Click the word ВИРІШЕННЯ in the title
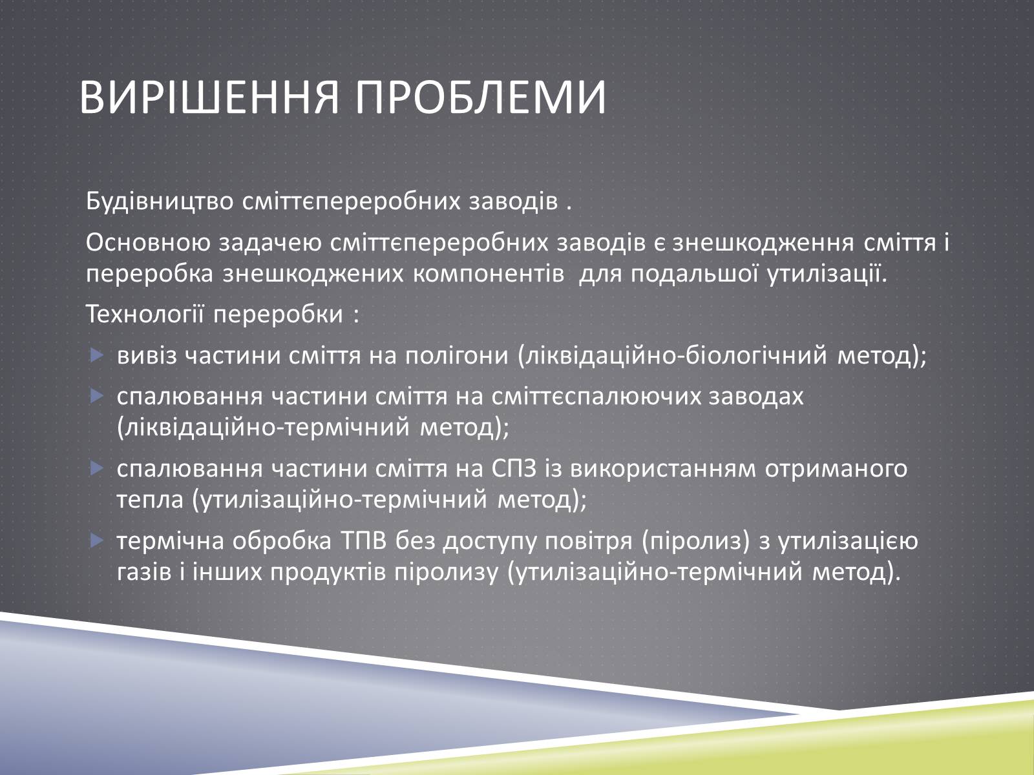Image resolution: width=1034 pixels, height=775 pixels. coord(209,98)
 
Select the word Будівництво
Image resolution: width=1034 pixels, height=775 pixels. coord(160,202)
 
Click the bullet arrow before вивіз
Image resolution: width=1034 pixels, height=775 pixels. coord(96,355)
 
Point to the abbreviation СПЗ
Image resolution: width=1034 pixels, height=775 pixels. coord(515,469)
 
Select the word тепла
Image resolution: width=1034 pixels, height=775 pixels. coord(150,500)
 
